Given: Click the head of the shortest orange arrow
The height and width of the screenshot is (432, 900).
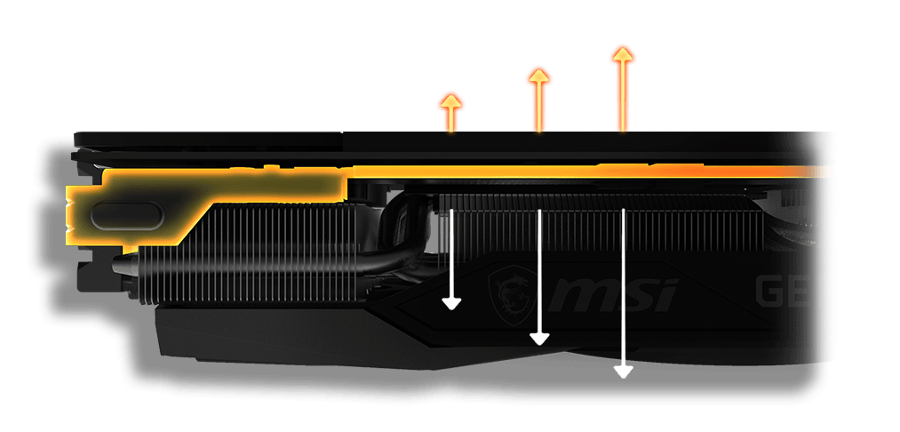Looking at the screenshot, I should click(x=451, y=100).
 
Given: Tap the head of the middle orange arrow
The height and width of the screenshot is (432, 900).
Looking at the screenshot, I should click(x=538, y=76).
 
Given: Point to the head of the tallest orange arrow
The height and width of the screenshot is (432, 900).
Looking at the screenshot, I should click(x=623, y=55).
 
